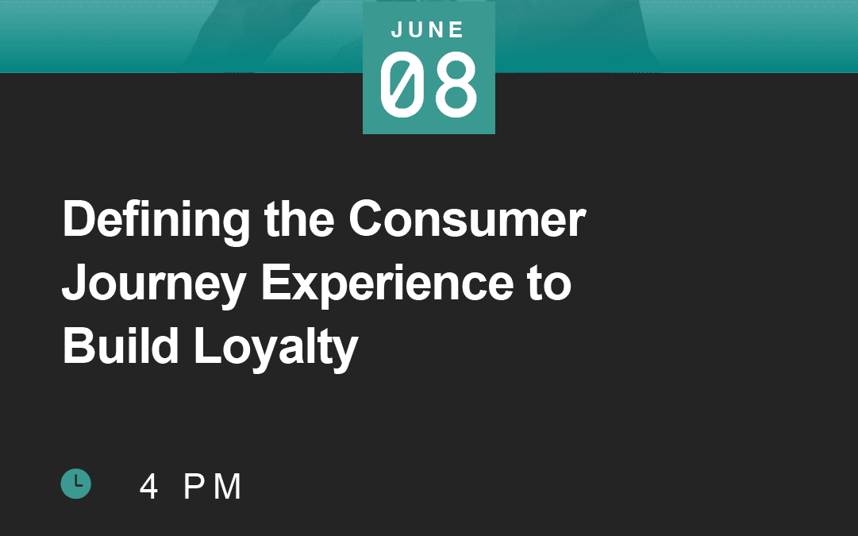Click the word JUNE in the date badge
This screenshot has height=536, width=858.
428,29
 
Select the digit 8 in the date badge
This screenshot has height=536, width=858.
456,84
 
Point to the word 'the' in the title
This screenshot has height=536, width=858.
298,219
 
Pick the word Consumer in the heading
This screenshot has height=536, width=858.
467,219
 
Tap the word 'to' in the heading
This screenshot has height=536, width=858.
549,283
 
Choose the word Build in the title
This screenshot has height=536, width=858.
121,346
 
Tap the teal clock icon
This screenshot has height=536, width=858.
76,484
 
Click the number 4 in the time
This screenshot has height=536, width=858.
148,486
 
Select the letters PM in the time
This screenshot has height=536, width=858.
212,486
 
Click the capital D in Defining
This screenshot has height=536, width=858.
80,218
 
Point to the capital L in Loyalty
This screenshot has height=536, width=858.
207,345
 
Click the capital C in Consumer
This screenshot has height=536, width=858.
367,218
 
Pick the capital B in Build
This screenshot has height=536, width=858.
79,345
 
